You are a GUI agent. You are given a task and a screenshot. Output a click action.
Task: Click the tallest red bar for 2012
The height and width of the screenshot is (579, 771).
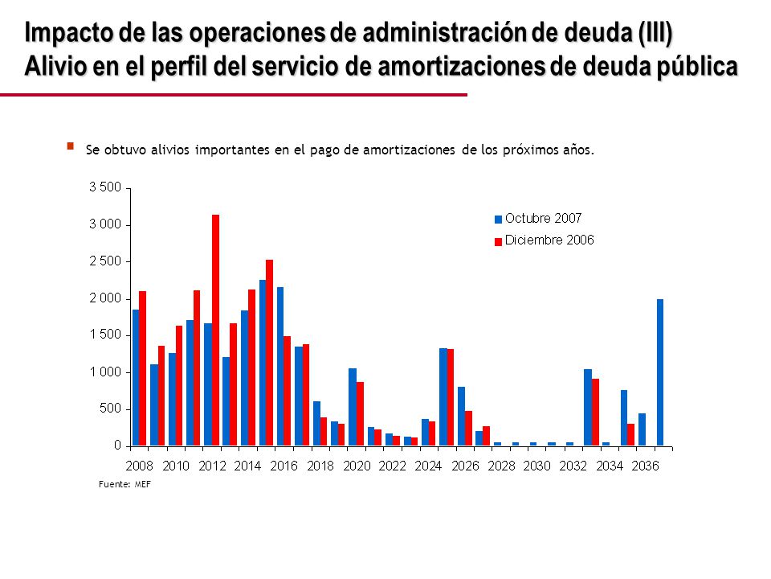point(215,331)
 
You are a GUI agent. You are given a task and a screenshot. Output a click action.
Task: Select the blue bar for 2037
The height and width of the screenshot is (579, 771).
point(660,372)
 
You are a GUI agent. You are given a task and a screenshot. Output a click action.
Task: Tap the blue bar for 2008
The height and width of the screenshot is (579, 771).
point(136,378)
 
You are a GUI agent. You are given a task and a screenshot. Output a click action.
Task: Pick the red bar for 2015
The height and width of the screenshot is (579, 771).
point(270,353)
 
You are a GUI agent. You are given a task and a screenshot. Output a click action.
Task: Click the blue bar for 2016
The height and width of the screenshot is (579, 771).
point(279,367)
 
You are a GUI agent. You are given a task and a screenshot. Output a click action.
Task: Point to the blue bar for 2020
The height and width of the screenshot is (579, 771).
point(353,407)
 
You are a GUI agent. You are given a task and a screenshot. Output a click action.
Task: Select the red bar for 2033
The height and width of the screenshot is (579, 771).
point(595,413)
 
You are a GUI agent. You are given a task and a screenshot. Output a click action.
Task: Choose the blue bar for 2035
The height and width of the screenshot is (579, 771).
point(624,418)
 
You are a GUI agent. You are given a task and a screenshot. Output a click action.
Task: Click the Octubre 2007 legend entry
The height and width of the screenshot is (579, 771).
point(538,218)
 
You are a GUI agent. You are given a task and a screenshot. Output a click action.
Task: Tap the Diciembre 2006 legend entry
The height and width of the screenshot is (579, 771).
point(544,240)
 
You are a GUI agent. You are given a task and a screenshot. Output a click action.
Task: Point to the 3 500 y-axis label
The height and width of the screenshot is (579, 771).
point(104,187)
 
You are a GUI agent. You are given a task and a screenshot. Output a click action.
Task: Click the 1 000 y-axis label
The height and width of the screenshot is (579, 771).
point(104,372)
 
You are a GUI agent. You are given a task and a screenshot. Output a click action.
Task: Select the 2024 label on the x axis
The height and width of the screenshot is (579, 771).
point(428,466)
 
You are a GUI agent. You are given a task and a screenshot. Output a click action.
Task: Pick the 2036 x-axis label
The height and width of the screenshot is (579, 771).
point(645,466)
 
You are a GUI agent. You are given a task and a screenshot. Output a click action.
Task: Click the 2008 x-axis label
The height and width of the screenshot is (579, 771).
point(139,466)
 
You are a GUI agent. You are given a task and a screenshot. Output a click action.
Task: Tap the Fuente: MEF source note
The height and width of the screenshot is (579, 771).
point(125,484)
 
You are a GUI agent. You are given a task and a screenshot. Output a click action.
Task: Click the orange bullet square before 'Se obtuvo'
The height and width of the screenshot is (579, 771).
point(71,146)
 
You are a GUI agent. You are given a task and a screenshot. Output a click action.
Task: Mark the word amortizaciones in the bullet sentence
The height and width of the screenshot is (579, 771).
point(409,150)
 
